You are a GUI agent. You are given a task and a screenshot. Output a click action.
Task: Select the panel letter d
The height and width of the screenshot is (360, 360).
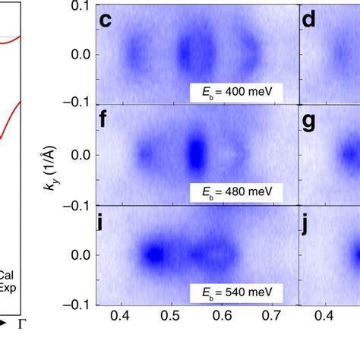(x=310, y=20)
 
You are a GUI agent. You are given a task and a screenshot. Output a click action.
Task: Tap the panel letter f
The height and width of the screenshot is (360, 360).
(x=106, y=120)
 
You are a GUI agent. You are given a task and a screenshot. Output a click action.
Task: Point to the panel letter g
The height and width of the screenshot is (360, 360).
(x=310, y=121)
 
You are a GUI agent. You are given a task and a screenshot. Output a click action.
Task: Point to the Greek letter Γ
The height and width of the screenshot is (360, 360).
(x=21, y=324)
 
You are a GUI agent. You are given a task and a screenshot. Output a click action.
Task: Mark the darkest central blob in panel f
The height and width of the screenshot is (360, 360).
(x=196, y=153)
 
